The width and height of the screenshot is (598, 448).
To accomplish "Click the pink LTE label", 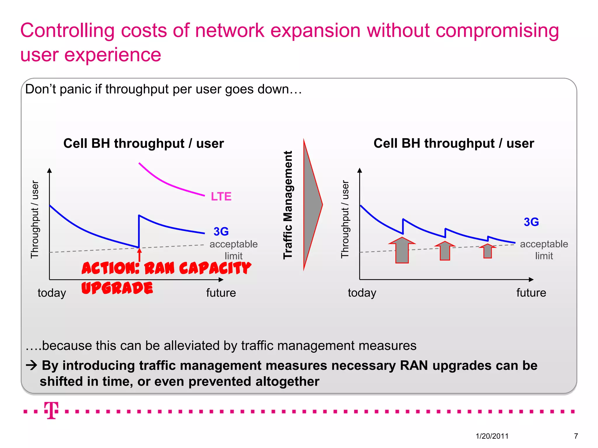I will click(x=221, y=196).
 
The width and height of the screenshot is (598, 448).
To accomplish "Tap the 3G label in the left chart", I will click(x=221, y=232).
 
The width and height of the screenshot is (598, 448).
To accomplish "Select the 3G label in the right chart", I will click(x=531, y=222).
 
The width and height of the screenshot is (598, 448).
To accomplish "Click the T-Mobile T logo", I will click(x=51, y=410).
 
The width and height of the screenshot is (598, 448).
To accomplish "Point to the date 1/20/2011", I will click(x=492, y=436).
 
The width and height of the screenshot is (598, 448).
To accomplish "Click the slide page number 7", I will click(x=576, y=436).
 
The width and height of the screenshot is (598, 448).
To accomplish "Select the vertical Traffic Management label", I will click(x=288, y=205).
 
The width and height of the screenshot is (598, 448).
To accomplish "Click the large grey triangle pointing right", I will click(x=311, y=205).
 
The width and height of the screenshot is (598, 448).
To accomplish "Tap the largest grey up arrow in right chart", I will click(x=402, y=250).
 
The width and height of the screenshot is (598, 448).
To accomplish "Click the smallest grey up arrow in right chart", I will click(x=488, y=251).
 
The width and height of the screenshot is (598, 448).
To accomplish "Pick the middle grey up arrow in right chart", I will click(x=445, y=251).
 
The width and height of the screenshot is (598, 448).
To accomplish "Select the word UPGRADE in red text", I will click(x=117, y=288).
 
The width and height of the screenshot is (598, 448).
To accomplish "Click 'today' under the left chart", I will click(x=52, y=293).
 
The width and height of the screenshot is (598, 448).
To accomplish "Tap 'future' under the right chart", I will click(x=531, y=293).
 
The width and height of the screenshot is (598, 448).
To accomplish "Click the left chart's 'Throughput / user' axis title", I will click(x=35, y=219).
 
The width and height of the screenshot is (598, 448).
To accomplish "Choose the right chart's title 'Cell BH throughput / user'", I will click(x=454, y=143).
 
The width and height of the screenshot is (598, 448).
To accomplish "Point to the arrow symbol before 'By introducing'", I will click(x=32, y=365).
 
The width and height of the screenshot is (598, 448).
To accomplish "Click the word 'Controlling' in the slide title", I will click(x=67, y=31).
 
